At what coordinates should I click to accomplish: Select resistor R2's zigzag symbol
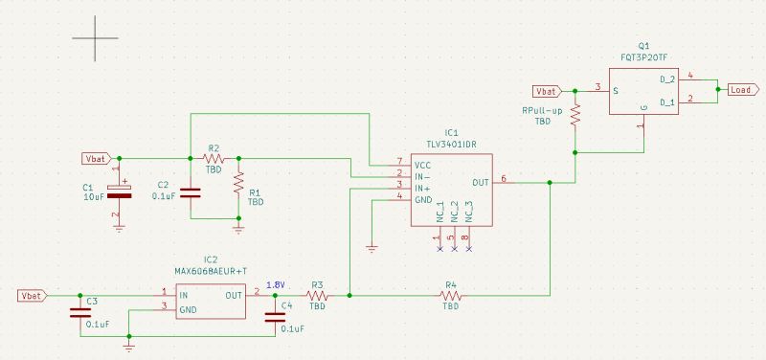214,158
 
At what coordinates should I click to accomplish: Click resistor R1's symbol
238,182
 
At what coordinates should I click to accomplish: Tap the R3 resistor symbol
317,296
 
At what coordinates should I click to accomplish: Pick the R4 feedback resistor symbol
450,296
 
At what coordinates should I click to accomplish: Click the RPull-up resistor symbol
575,115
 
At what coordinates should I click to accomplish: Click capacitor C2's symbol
191,192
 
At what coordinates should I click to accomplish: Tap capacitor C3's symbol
79,312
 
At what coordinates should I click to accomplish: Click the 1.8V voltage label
276,284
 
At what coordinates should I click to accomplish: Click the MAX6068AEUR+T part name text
210,271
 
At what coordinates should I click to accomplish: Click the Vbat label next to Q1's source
547,91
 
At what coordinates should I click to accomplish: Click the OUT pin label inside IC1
481,182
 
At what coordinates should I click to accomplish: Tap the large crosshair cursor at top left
94,39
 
